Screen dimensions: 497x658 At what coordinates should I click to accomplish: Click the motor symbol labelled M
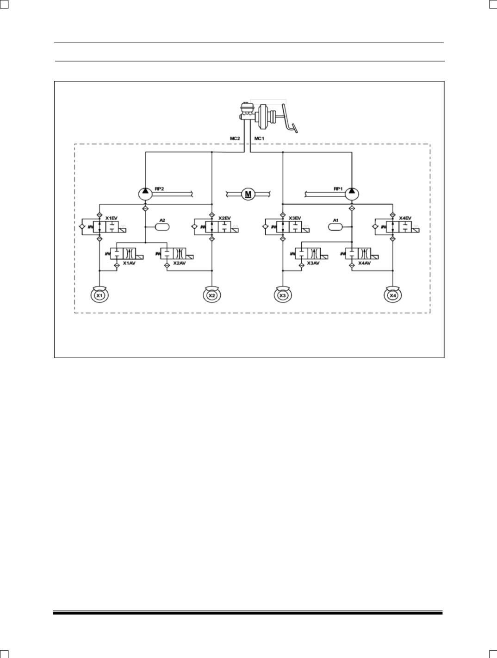(248, 194)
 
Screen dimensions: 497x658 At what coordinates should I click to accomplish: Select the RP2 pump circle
(145, 194)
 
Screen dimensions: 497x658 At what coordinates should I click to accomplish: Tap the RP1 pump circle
(352, 194)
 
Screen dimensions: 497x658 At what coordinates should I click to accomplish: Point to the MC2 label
(235, 138)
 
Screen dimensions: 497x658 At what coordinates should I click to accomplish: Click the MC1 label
(259, 138)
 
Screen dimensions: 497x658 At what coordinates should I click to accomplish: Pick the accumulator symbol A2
(162, 227)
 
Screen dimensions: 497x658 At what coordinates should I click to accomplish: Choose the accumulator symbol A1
(335, 227)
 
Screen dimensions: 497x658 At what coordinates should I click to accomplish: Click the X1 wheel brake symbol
(99, 295)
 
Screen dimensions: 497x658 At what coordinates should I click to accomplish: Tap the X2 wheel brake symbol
(212, 295)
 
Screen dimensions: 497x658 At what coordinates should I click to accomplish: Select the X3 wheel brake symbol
(282, 295)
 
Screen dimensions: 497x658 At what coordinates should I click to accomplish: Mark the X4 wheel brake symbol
(393, 295)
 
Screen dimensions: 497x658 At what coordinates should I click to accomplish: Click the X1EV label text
(112, 218)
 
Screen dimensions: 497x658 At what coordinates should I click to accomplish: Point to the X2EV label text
(224, 218)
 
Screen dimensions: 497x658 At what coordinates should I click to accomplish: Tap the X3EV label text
(295, 218)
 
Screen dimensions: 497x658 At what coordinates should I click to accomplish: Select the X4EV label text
(405, 218)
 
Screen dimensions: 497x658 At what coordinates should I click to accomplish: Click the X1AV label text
(129, 263)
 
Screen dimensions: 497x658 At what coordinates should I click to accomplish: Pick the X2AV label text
(180, 263)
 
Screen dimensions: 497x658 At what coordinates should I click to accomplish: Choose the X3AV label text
(313, 263)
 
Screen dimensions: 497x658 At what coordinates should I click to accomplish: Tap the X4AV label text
(364, 263)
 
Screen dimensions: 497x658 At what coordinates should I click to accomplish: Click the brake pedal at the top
(289, 119)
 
